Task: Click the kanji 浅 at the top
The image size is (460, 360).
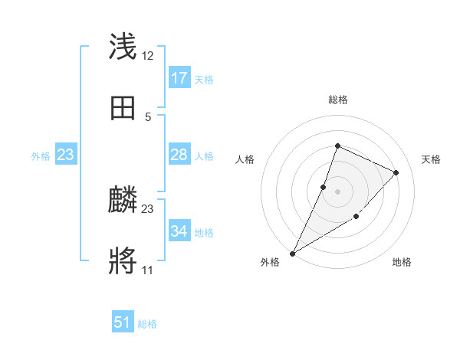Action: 123,47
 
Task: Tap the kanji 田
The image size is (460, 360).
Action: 123,108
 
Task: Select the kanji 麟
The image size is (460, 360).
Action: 123,201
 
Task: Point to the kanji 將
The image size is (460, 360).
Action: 123,261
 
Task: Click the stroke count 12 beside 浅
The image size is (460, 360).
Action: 148,56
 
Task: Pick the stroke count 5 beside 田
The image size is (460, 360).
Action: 148,116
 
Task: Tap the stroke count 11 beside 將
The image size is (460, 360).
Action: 148,270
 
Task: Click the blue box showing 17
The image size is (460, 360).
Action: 179,78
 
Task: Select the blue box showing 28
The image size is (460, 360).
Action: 179,155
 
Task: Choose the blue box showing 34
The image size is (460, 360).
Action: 179,231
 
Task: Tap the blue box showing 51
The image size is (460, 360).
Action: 123,322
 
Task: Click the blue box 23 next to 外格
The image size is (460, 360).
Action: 66,155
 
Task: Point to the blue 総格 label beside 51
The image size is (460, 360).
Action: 147,324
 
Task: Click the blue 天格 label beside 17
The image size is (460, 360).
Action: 204,80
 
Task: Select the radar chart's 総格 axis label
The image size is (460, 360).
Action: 337,100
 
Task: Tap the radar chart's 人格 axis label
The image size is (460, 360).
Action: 245,159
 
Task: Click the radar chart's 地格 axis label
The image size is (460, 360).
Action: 402,263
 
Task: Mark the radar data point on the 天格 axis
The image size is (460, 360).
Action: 396,172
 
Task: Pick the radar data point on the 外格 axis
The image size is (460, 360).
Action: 292,253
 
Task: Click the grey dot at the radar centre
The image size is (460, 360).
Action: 337,191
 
